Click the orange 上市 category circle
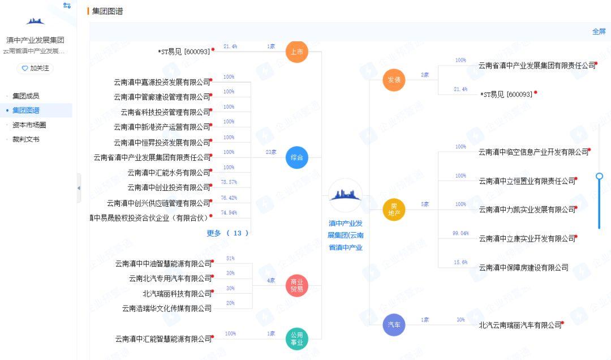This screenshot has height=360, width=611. point(296,52)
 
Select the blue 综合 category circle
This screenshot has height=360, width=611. point(296,157)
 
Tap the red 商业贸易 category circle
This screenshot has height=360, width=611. point(296,286)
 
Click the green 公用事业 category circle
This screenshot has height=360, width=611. point(296,338)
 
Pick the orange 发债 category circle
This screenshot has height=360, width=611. point(394,80)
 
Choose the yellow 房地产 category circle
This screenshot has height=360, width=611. point(394,209)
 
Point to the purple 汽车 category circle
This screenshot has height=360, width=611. point(394,325)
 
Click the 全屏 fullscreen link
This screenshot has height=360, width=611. point(599,32)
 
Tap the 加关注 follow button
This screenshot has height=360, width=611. point(35,68)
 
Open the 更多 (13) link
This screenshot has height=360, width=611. point(227,233)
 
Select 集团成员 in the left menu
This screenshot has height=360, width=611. point(26,96)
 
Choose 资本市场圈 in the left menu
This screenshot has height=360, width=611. point(29,125)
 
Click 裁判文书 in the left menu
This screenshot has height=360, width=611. point(26,139)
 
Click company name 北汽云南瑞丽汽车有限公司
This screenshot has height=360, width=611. point(520,325)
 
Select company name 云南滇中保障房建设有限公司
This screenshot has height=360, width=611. point(523,268)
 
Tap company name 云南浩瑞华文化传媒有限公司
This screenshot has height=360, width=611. point(167,308)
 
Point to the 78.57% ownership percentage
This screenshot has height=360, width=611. point(229,182)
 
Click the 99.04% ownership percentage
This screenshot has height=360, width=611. point(461,233)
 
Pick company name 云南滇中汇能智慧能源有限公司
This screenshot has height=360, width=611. point(163,339)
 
